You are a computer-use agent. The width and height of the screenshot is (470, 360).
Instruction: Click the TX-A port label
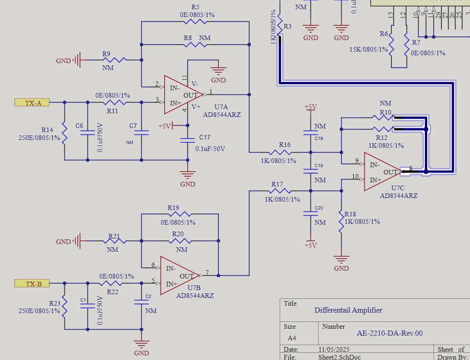coord(33,103)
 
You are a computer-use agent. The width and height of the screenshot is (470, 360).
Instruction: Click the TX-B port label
coord(33,284)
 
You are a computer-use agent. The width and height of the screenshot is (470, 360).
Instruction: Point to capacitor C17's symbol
coord(187,139)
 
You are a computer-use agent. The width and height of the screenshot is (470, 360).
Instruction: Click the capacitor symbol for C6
coord(87,133)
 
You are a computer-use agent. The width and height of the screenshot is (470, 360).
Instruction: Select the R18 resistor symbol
coord(341,222)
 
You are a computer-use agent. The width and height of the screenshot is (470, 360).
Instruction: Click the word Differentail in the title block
coord(332,310)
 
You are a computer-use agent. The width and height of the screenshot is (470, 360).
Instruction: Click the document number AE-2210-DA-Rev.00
coord(390,333)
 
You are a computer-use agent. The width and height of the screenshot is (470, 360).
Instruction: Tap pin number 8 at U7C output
coord(411,168)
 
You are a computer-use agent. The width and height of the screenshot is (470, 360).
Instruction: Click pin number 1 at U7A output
coord(211,92)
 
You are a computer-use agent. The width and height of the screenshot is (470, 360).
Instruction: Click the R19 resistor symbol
coord(179,215)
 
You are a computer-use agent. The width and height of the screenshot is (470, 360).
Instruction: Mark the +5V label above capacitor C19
coord(310,107)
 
